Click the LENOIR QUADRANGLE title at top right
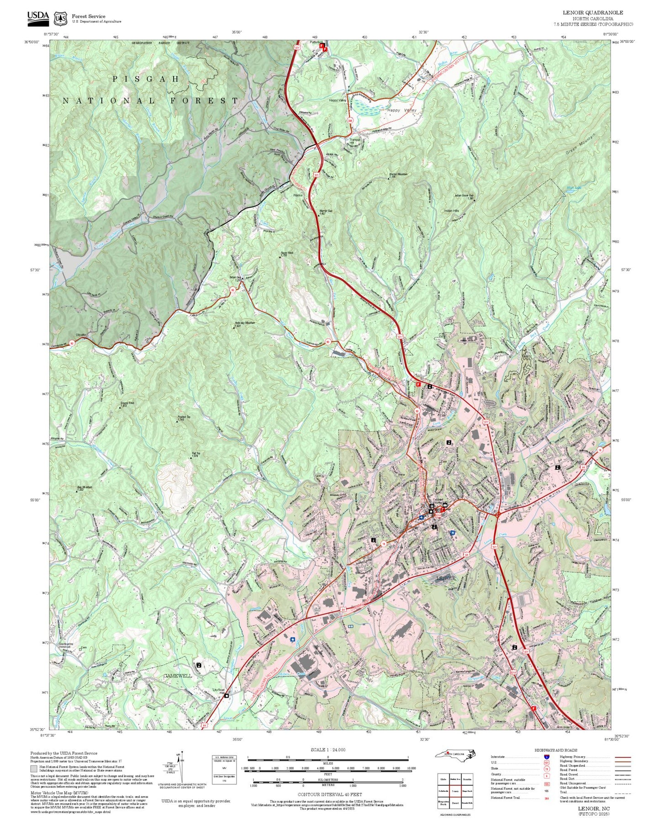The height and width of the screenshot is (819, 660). pos(592,12)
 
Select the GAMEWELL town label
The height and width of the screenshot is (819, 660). pos(178,675)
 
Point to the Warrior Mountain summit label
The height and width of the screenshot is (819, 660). pos(398,175)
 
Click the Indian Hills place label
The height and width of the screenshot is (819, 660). pos(451,211)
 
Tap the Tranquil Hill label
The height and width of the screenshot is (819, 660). pos(355,141)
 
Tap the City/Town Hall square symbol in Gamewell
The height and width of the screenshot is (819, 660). pos(227,695)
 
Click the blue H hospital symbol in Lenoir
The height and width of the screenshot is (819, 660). pos(453,533)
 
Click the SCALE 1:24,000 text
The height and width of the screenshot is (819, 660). pos(328,750)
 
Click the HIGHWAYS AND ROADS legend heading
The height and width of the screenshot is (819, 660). pos(555,750)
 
